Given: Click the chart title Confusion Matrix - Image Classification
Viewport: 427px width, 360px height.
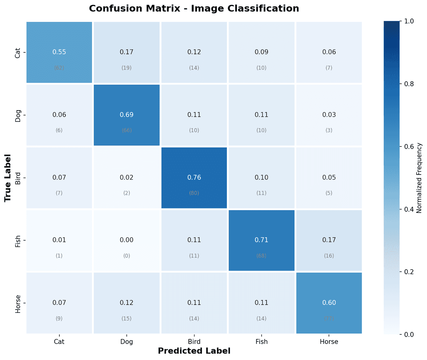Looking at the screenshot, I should click(x=194, y=8).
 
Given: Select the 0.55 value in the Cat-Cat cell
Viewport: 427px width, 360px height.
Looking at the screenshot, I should click(x=59, y=52).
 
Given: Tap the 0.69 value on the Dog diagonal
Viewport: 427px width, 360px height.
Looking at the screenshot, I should click(x=126, y=115).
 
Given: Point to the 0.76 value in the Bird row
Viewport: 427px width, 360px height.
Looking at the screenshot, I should click(x=194, y=177).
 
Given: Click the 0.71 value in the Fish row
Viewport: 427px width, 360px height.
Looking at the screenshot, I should click(x=261, y=240).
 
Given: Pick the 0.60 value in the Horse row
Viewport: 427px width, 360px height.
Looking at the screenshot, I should click(x=329, y=303).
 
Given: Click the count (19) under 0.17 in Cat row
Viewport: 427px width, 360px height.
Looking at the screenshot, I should click(x=126, y=68).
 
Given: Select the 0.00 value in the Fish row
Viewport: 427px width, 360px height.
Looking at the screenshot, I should click(x=126, y=240).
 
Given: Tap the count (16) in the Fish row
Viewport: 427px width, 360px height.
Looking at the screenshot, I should click(x=329, y=256).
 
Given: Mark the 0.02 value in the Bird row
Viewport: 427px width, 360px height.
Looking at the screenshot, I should click(x=126, y=177).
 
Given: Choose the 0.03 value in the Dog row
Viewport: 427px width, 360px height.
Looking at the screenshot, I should click(x=329, y=115).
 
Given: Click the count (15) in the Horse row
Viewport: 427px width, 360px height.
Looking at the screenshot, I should click(x=126, y=319).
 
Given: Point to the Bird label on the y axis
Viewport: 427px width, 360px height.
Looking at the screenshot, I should click(x=18, y=178).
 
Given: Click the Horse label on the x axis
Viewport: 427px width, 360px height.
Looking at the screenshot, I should click(x=329, y=342).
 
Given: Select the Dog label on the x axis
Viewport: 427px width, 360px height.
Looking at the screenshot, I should click(x=126, y=342).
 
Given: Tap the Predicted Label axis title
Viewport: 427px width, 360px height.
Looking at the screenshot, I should click(x=194, y=351).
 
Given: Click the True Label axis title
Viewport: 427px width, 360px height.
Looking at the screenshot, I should click(x=8, y=178).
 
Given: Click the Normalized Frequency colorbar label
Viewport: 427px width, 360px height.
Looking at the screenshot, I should click(x=419, y=178).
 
